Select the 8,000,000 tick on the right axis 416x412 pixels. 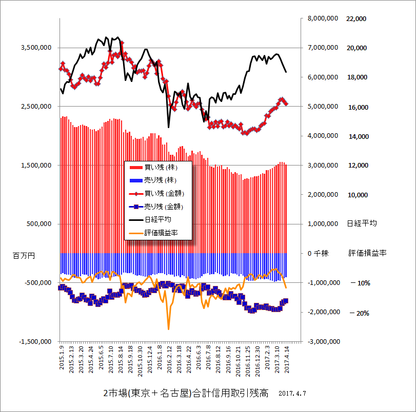click(322, 18)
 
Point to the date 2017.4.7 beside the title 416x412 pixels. click(293, 394)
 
